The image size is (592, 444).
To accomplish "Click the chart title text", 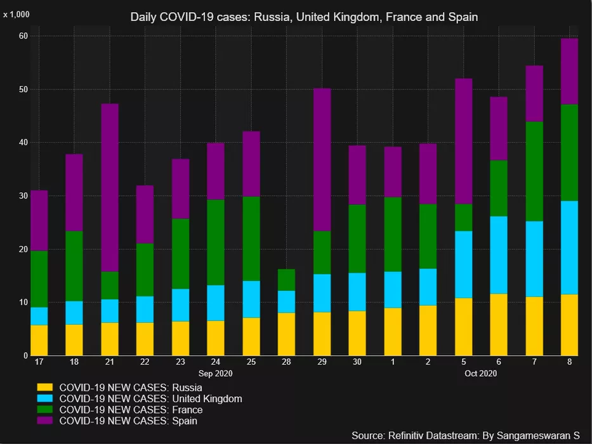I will click(304, 17).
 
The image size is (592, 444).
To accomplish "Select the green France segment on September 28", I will click(287, 280).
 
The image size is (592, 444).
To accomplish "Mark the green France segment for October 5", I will click(464, 218).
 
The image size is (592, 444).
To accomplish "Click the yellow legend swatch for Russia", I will click(44, 387).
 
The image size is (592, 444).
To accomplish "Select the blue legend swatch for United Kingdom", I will click(44, 398).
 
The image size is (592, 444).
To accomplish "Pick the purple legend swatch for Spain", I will click(44, 421).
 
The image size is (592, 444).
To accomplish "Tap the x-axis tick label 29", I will click(322, 362).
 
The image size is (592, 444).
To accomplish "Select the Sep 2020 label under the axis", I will click(216, 374).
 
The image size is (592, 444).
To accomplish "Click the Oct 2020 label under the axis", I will click(481, 374).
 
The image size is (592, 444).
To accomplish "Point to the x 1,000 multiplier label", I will click(16, 14).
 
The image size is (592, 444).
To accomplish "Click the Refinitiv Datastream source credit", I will click(465, 435).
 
